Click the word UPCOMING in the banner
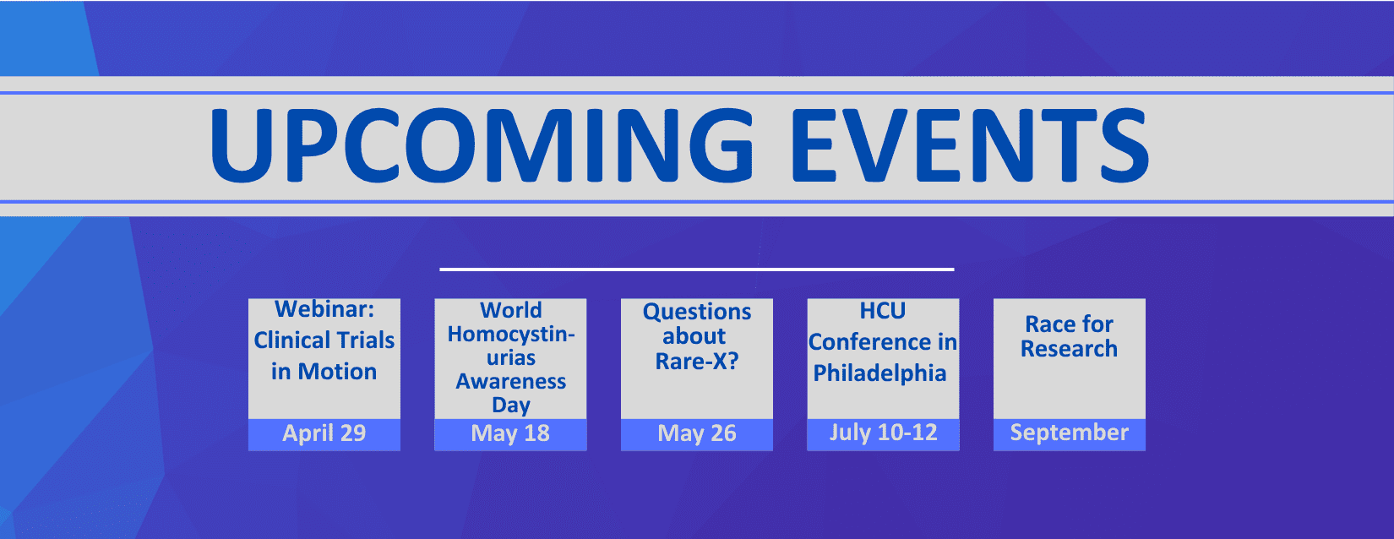482,145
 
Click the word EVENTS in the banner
970,145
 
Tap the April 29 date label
324,433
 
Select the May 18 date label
510,433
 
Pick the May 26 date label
697,433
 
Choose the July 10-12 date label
883,433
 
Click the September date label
1069,433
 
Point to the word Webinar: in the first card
324,309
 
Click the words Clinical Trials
324,340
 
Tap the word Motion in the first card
337,372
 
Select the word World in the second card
511,310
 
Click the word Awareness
511,381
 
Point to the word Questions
697,312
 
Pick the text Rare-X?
697,361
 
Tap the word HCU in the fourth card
883,311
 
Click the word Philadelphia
880,373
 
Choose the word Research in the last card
1069,349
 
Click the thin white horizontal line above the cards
697,269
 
